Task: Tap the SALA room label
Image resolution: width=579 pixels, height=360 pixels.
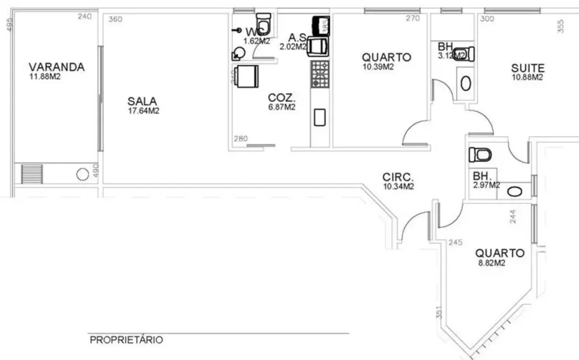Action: tap(142, 101)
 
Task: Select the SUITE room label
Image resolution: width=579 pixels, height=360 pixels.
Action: tap(527, 68)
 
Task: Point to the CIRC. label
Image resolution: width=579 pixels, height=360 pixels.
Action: tap(398, 177)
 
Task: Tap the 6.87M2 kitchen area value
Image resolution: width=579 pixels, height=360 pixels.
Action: tap(281, 107)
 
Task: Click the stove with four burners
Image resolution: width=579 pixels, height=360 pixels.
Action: tap(320, 74)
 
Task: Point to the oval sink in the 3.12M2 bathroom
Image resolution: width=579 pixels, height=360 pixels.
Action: tap(467, 83)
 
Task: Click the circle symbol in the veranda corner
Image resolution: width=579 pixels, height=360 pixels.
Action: tap(82, 174)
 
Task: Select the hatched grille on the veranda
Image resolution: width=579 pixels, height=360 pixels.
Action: tap(28, 174)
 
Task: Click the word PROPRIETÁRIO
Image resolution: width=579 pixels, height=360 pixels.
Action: tap(126, 339)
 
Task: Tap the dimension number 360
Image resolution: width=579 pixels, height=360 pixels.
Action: tap(115, 19)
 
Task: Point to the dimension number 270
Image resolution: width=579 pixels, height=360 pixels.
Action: tap(413, 18)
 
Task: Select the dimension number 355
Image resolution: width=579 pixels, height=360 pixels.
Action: tap(560, 27)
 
